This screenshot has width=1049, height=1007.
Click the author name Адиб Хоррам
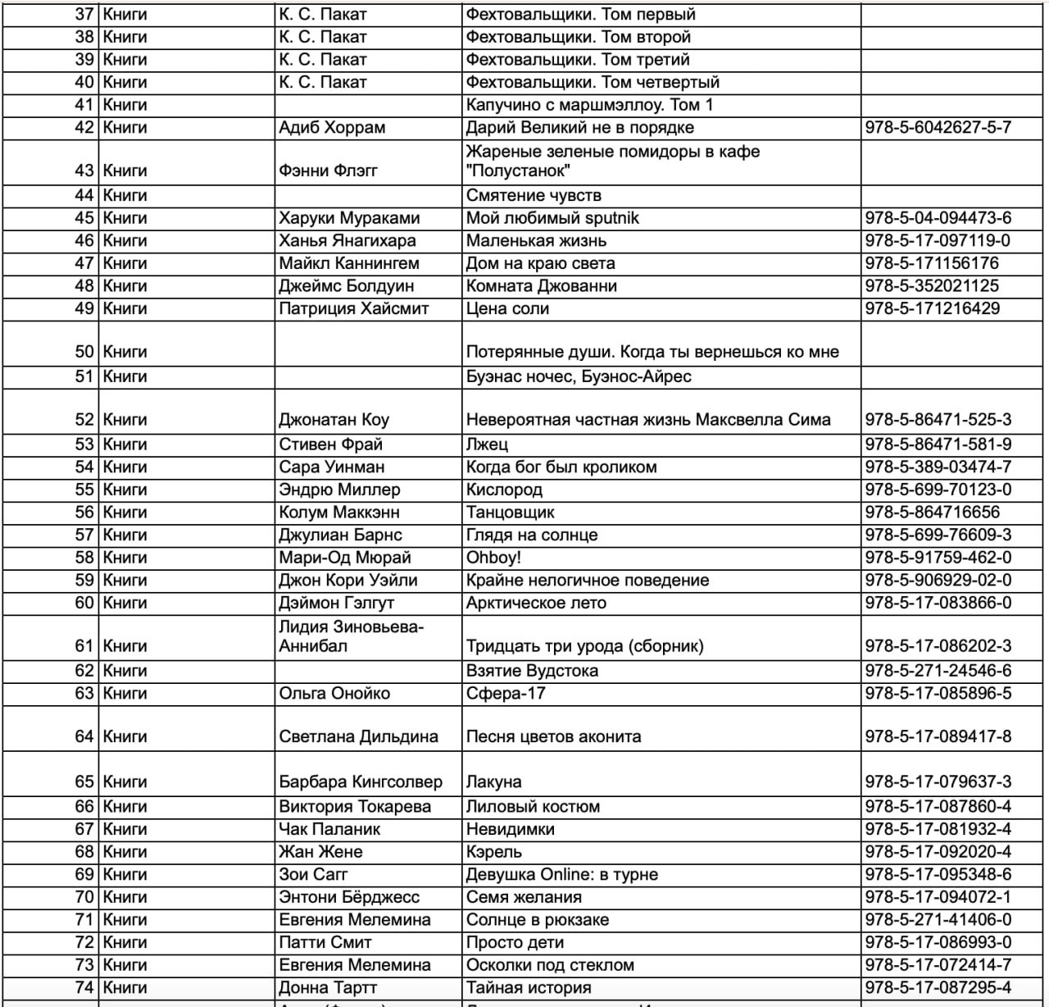point(332,128)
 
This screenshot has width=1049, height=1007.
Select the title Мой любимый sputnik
point(552,218)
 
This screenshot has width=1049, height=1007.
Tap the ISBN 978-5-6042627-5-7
point(938,128)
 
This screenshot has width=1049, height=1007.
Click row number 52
point(84,420)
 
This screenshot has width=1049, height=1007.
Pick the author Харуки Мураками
point(349,218)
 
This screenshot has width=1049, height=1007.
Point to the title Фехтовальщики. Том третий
point(578,60)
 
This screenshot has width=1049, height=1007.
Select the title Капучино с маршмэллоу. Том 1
point(589,105)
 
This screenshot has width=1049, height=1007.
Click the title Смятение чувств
point(534,195)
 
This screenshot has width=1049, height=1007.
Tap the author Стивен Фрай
point(330,444)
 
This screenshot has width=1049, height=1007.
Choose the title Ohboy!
point(493,558)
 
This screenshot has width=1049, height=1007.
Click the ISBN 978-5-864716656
point(932,513)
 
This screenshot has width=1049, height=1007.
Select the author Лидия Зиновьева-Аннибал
point(351,636)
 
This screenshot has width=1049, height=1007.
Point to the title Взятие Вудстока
point(532,671)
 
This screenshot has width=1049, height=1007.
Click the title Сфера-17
point(506,694)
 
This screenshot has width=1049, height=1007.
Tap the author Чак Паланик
point(329,829)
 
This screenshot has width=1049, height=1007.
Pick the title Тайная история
point(529,988)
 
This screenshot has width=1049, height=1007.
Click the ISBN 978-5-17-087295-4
point(938,988)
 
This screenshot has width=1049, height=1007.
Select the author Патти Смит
point(325,942)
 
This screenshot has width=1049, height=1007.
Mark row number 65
point(84,782)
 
